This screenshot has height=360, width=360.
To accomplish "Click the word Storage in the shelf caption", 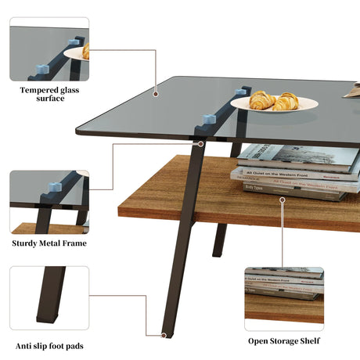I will (x=283, y=340).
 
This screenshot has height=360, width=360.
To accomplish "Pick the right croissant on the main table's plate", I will (x=286, y=101).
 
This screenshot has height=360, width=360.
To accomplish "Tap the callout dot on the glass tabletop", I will (x=156, y=93).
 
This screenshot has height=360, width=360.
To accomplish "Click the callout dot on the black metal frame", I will (x=200, y=144).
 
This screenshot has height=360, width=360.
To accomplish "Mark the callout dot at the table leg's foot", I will (x=164, y=334).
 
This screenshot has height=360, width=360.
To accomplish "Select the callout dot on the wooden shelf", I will (x=281, y=198).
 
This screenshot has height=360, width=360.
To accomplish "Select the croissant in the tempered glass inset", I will (x=85, y=52).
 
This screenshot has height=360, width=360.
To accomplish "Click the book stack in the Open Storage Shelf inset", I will (x=284, y=285).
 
